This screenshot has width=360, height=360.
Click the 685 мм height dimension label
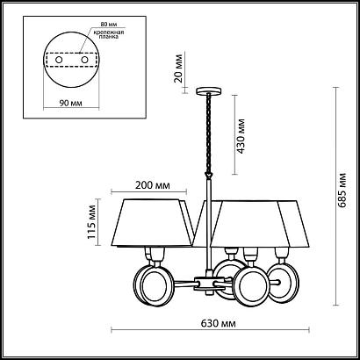click(x=342, y=191)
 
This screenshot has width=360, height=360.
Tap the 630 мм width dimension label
click(x=219, y=323)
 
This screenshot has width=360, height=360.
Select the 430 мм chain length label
click(x=241, y=136)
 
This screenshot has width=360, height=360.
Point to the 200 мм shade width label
click(x=152, y=185)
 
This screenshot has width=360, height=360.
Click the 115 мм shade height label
click(x=91, y=222)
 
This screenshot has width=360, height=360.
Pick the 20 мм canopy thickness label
click(x=178, y=68)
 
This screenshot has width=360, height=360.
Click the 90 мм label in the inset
click(x=70, y=103)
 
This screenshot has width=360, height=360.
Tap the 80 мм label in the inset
click(x=106, y=25)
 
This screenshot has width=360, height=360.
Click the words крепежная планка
click(x=109, y=34)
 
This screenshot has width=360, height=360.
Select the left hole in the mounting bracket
click(x=59, y=60)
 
